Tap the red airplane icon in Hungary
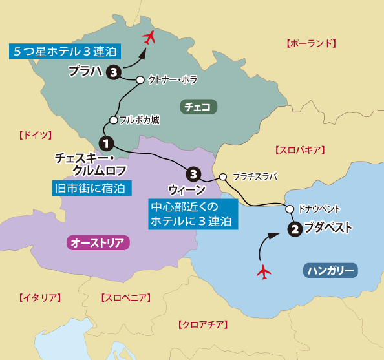263,272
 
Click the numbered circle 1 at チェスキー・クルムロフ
106,142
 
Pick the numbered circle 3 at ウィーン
193,173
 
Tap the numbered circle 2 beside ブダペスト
294,228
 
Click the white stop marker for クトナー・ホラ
139,80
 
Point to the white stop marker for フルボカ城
113,120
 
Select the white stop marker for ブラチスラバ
223,176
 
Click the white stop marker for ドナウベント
289,209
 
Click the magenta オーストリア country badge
100,242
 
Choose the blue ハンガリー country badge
330,270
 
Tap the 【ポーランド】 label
311,44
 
